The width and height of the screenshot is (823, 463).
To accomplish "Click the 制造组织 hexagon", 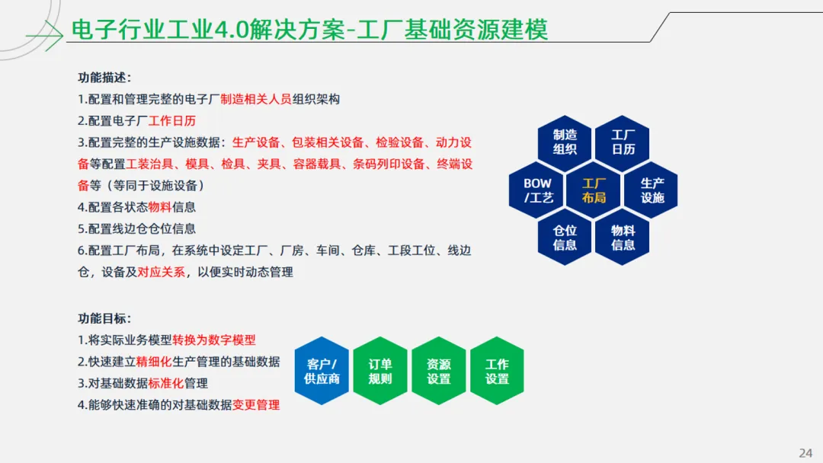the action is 565,142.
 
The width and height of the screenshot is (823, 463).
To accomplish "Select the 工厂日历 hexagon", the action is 623,142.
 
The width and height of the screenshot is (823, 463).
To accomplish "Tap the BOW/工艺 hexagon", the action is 538,190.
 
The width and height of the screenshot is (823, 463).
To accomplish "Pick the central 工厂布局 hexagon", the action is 594,190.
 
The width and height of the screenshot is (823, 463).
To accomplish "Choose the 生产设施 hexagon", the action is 652,190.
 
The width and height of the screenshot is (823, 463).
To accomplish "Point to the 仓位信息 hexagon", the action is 565,238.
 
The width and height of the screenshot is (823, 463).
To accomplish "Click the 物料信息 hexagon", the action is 623,238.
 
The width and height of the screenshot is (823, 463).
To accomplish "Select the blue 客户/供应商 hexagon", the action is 322,371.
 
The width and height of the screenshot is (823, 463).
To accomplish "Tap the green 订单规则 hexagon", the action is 380,371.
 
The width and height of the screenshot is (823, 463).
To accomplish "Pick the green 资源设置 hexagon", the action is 438,371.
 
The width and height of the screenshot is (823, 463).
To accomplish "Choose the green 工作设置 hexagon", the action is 497,371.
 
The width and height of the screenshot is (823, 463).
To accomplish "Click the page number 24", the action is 805,453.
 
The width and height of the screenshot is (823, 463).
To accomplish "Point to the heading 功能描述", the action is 104,78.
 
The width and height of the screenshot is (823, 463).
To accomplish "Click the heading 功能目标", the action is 104,319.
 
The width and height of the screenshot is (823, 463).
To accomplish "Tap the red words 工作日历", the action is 172,121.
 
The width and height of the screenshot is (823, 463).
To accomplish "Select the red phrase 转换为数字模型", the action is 225,340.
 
